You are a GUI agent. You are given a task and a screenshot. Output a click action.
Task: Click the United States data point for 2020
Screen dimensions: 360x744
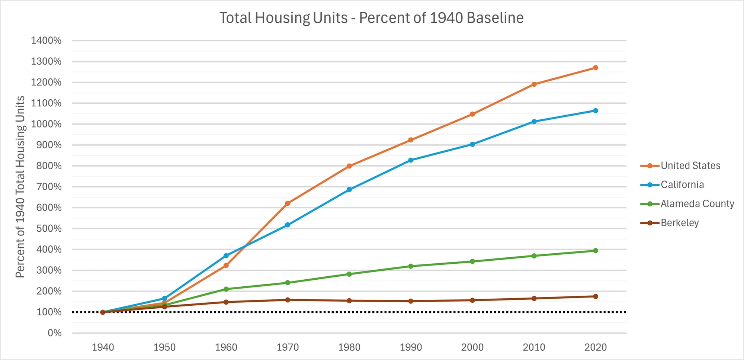595,68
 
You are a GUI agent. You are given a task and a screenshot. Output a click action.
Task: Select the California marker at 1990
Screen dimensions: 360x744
411,160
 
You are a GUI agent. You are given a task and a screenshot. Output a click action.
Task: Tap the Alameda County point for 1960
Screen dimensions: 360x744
226,289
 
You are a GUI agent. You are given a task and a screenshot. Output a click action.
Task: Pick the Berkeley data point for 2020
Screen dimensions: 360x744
595,296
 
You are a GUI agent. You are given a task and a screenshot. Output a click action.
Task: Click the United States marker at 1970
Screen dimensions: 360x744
288,203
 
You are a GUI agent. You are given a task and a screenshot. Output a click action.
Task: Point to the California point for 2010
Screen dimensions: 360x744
534,122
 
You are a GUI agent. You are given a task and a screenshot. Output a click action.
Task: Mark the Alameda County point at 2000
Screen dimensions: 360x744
472,261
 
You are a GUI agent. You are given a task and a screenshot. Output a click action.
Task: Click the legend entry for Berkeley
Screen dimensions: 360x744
679,223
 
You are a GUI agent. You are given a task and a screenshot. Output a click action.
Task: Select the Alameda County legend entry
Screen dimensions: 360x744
697,204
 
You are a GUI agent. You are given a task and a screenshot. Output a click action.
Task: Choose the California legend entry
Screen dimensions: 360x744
682,185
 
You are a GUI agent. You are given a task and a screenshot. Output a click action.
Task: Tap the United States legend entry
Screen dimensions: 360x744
690,166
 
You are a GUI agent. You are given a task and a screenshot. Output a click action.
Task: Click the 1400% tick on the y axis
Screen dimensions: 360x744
46,41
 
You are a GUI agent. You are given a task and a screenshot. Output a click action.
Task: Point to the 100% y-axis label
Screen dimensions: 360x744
49,312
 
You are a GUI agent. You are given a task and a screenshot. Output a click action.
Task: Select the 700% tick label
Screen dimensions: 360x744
49,187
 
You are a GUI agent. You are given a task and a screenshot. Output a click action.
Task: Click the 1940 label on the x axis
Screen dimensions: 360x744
103,347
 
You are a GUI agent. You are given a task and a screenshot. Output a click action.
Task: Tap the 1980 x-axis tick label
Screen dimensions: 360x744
349,347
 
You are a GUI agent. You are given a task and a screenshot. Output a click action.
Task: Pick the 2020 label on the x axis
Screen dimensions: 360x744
595,347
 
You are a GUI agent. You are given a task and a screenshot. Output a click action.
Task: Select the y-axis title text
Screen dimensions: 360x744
20,187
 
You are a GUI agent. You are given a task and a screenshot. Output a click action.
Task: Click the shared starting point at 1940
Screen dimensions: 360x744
103,312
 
